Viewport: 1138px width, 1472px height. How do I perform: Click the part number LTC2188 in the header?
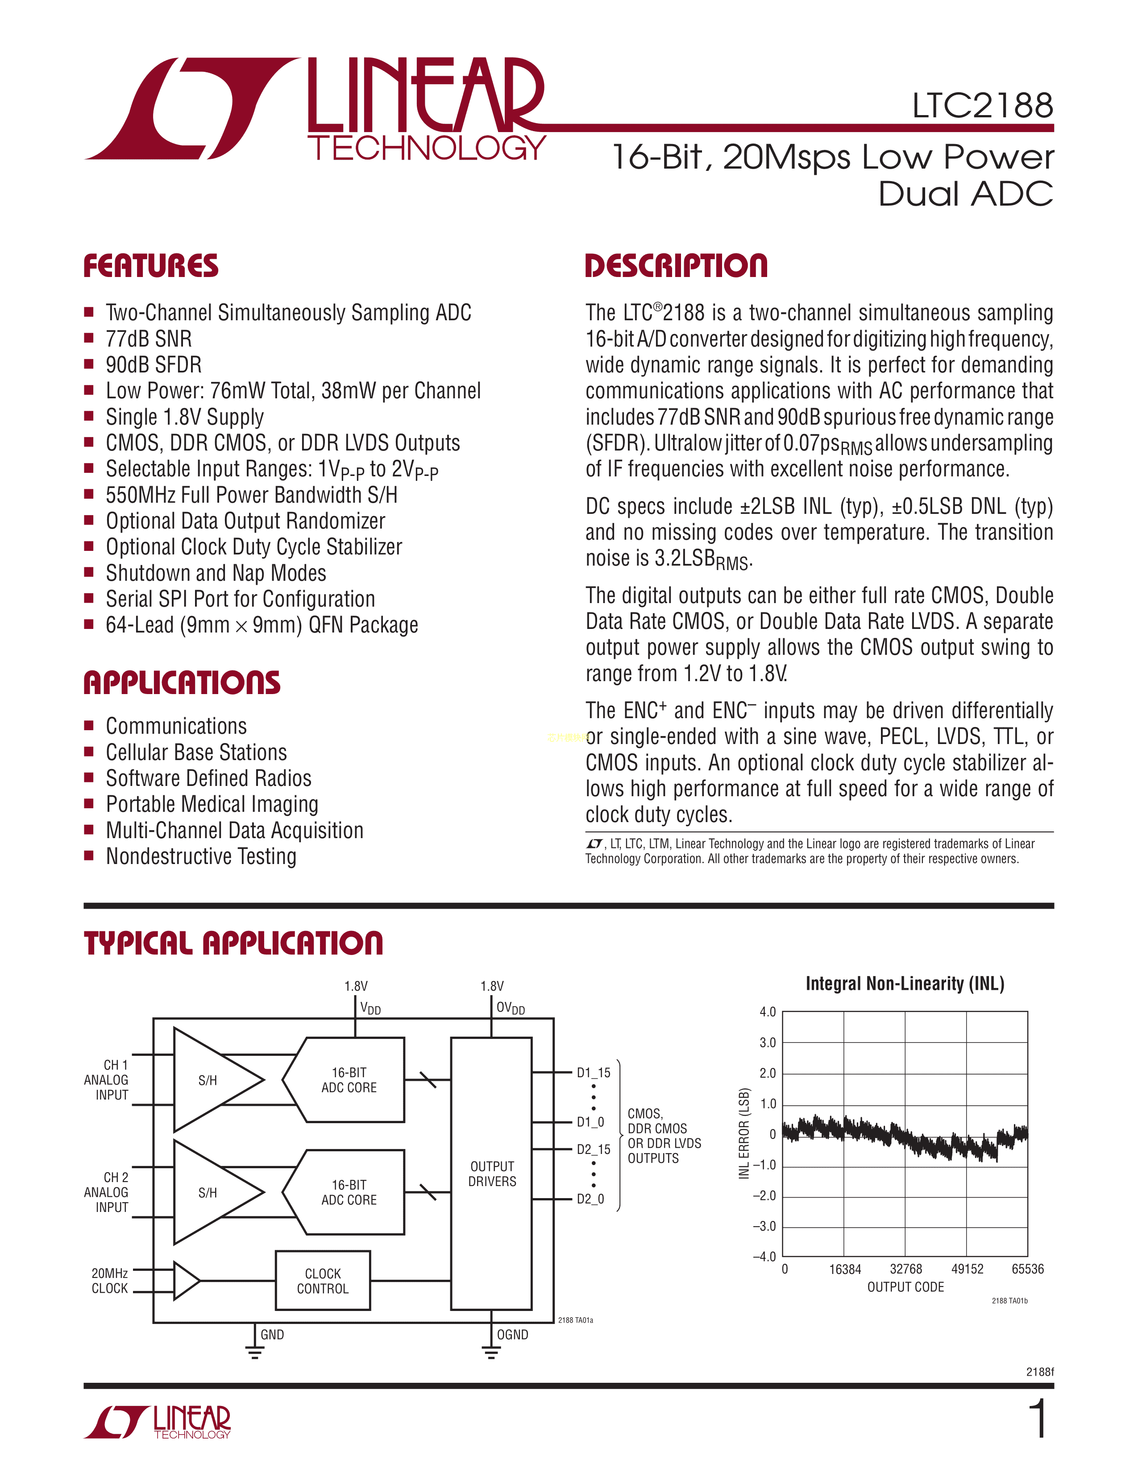982,106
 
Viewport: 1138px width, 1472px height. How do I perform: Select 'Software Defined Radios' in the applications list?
208,778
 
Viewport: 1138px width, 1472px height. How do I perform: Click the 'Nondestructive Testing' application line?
201,856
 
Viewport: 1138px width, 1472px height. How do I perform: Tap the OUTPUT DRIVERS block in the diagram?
491,1174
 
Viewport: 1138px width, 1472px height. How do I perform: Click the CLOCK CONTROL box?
323,1281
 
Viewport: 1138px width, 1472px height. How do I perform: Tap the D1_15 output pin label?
593,1072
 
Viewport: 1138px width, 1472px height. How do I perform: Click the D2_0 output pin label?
590,1199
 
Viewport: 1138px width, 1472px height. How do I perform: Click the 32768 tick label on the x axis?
905,1269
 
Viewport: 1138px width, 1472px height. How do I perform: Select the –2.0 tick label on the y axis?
764,1195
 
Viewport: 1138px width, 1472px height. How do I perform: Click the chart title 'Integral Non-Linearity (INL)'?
905,984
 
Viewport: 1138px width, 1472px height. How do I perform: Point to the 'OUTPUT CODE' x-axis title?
905,1286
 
